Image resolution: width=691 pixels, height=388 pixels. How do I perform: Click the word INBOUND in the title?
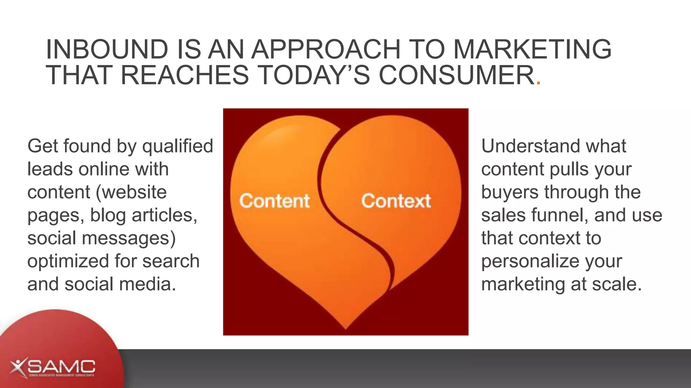tap(107, 50)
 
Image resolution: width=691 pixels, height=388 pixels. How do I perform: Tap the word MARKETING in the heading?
tap(532, 50)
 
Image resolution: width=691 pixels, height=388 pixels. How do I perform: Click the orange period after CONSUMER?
tap(538, 83)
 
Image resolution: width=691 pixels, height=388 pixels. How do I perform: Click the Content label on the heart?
tap(274, 201)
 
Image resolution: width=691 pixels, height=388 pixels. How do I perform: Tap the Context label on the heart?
tap(396, 201)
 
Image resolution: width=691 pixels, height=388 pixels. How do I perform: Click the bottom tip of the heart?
tap(346, 327)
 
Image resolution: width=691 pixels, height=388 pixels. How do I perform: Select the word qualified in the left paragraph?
tap(177, 147)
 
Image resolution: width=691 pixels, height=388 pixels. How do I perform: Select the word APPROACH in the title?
tap(326, 50)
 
